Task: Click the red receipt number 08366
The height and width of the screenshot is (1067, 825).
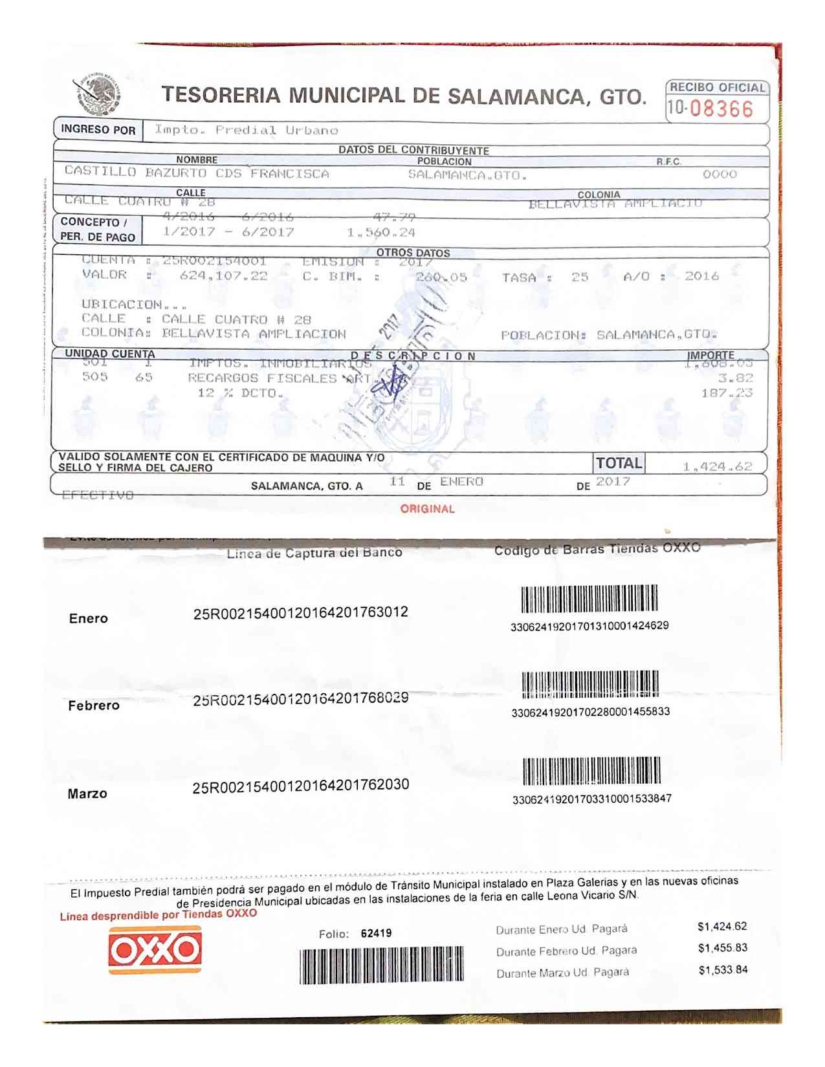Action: click(721, 109)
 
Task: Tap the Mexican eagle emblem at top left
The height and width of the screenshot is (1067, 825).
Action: click(98, 94)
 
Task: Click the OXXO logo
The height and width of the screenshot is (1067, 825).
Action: click(155, 949)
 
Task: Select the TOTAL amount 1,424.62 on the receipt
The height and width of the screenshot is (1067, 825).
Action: click(717, 467)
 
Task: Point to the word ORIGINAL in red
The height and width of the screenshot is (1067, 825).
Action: click(427, 509)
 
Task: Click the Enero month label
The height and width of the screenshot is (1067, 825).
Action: click(89, 618)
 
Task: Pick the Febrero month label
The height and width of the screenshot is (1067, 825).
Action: click(94, 706)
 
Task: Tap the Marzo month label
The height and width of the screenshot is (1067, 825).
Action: click(87, 793)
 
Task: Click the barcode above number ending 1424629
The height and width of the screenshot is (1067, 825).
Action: click(589, 598)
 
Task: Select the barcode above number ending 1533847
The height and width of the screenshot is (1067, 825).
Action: click(591, 771)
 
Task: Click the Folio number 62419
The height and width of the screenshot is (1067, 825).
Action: click(376, 933)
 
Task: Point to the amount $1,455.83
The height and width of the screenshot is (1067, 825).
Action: click(722, 948)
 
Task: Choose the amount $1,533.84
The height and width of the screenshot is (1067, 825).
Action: click(723, 970)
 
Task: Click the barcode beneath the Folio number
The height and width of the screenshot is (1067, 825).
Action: click(381, 965)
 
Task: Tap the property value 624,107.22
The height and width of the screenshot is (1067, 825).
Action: click(223, 276)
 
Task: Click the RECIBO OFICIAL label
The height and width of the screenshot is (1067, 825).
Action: click(717, 87)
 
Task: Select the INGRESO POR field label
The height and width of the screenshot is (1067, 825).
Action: click(98, 129)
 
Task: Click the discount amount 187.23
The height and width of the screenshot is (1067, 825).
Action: click(727, 393)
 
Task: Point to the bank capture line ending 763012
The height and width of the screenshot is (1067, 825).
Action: click(300, 613)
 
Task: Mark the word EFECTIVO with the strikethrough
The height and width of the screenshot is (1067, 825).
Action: click(98, 495)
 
